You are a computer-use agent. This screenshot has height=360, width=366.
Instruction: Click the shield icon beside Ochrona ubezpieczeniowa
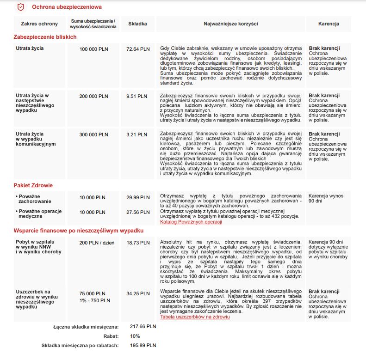[21, 7]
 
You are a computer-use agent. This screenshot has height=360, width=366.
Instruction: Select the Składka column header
[138, 24]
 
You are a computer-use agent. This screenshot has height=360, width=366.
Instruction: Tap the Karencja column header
[329, 24]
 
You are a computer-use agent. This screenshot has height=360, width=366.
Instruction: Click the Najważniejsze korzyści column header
[231, 24]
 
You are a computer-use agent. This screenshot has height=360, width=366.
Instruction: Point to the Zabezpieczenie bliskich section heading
[45, 37]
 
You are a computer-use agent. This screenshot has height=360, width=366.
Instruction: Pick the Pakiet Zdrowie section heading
[33, 185]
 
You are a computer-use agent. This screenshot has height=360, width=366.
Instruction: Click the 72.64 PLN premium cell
[138, 49]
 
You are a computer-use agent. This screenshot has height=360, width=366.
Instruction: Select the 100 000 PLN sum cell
[93, 49]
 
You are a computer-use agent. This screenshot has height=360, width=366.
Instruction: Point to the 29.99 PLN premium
[138, 197]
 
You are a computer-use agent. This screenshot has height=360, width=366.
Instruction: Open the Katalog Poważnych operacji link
[191, 222]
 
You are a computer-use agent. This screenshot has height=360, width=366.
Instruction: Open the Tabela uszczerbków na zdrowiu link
[195, 317]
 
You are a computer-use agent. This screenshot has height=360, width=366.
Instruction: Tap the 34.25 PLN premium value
[138, 293]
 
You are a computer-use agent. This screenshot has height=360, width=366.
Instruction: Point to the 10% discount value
[135, 336]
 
